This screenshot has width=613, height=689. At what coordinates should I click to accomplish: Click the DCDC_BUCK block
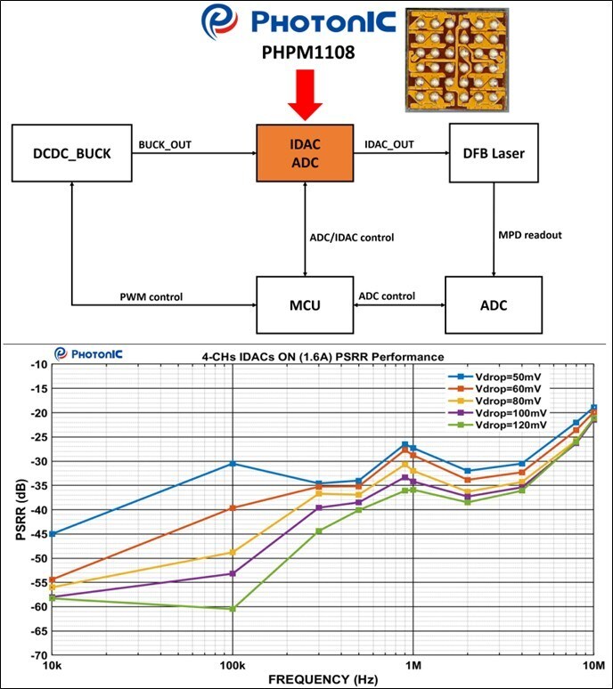point(69,154)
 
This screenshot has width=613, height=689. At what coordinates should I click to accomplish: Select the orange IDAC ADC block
point(305,153)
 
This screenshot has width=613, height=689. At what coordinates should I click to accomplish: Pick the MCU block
point(305,306)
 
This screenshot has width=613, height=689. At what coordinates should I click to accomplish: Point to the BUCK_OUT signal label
point(165,143)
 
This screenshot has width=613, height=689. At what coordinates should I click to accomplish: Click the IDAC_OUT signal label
point(390,143)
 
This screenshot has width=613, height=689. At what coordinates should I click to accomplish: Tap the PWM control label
point(151,296)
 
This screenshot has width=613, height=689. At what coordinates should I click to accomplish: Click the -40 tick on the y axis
point(36,510)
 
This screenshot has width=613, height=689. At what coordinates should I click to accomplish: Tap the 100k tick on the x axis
point(232,665)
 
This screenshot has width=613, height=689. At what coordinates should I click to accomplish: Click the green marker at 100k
point(233,609)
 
